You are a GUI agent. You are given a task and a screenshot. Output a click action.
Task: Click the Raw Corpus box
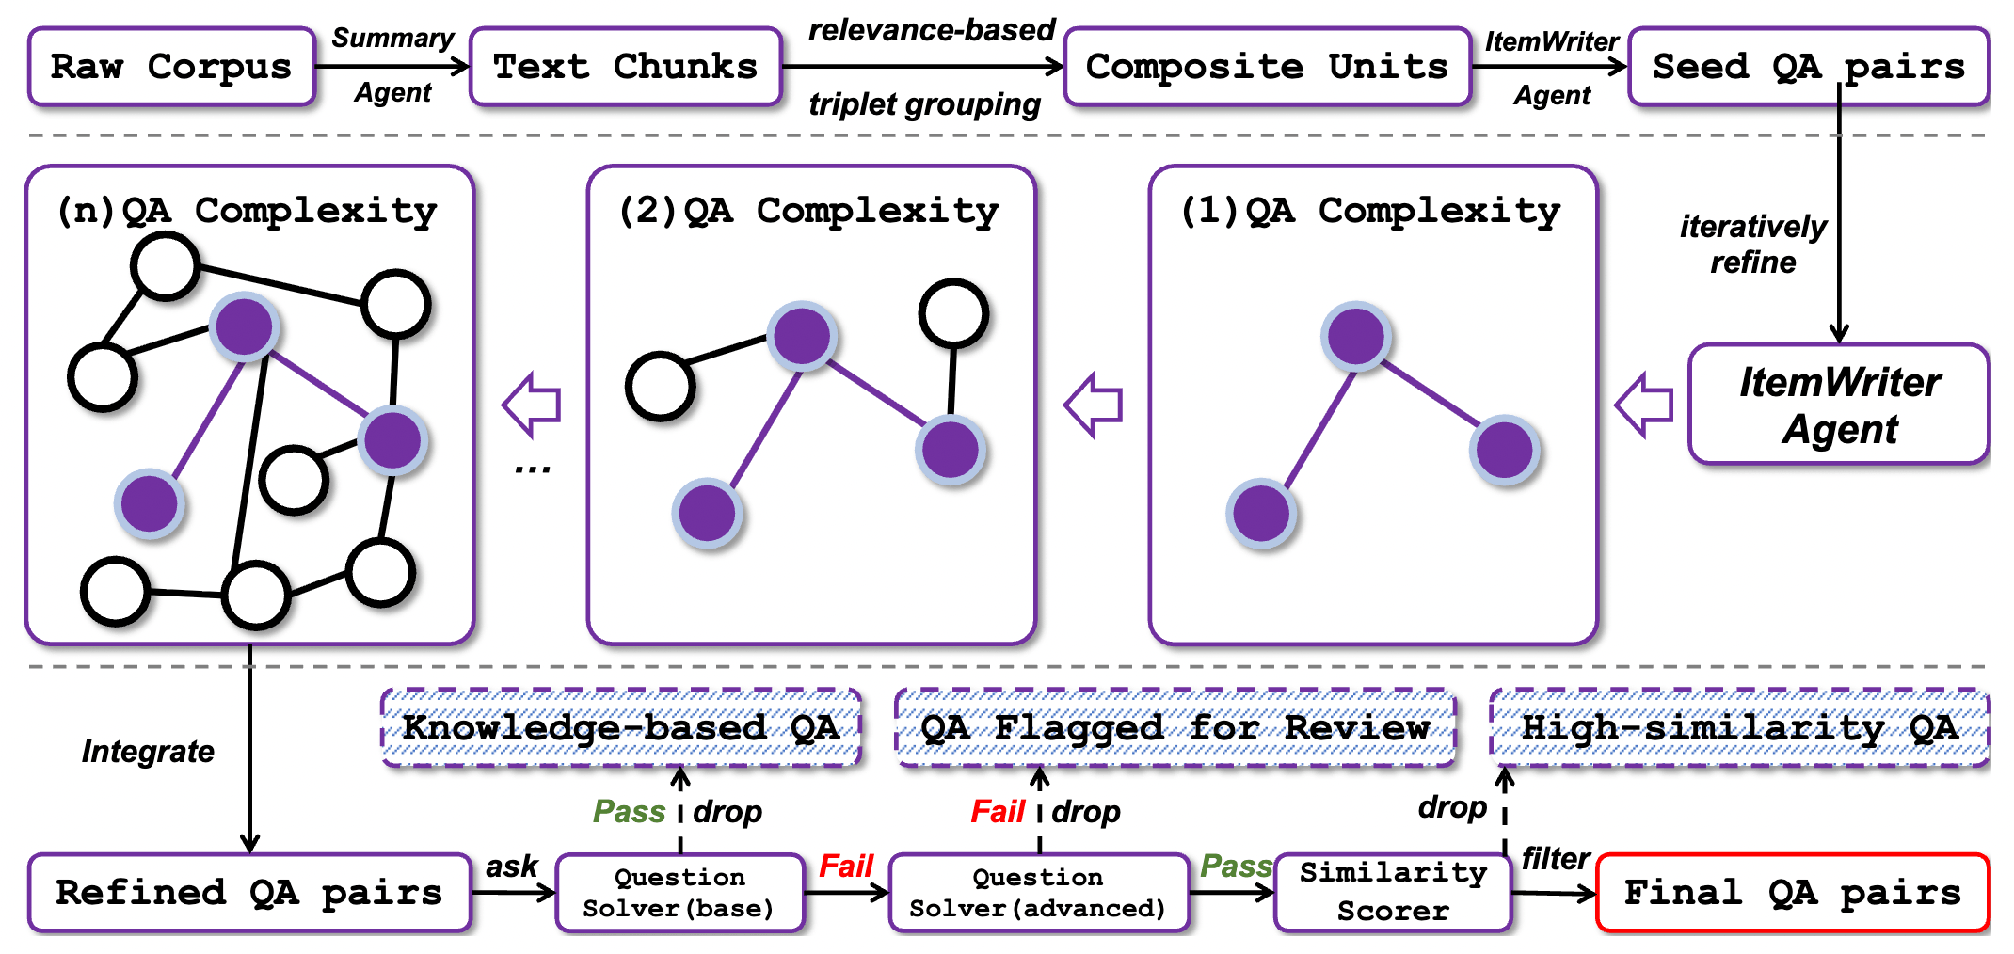click(x=171, y=67)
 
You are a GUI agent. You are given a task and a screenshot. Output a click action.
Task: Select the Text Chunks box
click(x=626, y=67)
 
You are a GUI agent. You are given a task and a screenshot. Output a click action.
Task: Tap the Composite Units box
click(x=1267, y=67)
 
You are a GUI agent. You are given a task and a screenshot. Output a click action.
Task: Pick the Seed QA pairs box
click(x=1809, y=67)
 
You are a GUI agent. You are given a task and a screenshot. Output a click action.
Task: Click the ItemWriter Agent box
click(x=1839, y=405)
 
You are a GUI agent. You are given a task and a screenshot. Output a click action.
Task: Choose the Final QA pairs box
click(x=1793, y=893)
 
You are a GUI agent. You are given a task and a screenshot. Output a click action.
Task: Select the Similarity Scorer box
click(x=1393, y=893)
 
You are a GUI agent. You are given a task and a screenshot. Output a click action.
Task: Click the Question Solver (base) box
click(x=679, y=893)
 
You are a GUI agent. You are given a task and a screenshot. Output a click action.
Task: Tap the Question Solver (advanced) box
click(x=1038, y=893)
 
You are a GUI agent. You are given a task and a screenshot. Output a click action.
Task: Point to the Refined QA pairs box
click(x=249, y=893)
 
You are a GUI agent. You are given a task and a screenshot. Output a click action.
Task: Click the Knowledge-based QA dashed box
click(x=621, y=728)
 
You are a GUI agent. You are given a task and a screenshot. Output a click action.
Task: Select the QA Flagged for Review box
click(x=1175, y=728)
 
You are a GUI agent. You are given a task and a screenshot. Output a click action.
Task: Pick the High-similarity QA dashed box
click(x=1739, y=728)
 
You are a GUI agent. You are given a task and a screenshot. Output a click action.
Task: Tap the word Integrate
click(x=148, y=752)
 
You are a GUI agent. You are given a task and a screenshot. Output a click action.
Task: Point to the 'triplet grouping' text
click(x=924, y=104)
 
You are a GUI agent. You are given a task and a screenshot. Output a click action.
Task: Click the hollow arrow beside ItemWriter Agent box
click(x=1644, y=405)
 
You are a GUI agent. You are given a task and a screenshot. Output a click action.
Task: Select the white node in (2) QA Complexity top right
click(x=953, y=313)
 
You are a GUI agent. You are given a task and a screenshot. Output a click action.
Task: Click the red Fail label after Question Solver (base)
click(x=846, y=867)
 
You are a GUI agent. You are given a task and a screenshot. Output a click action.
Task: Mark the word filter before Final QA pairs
click(x=1555, y=859)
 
